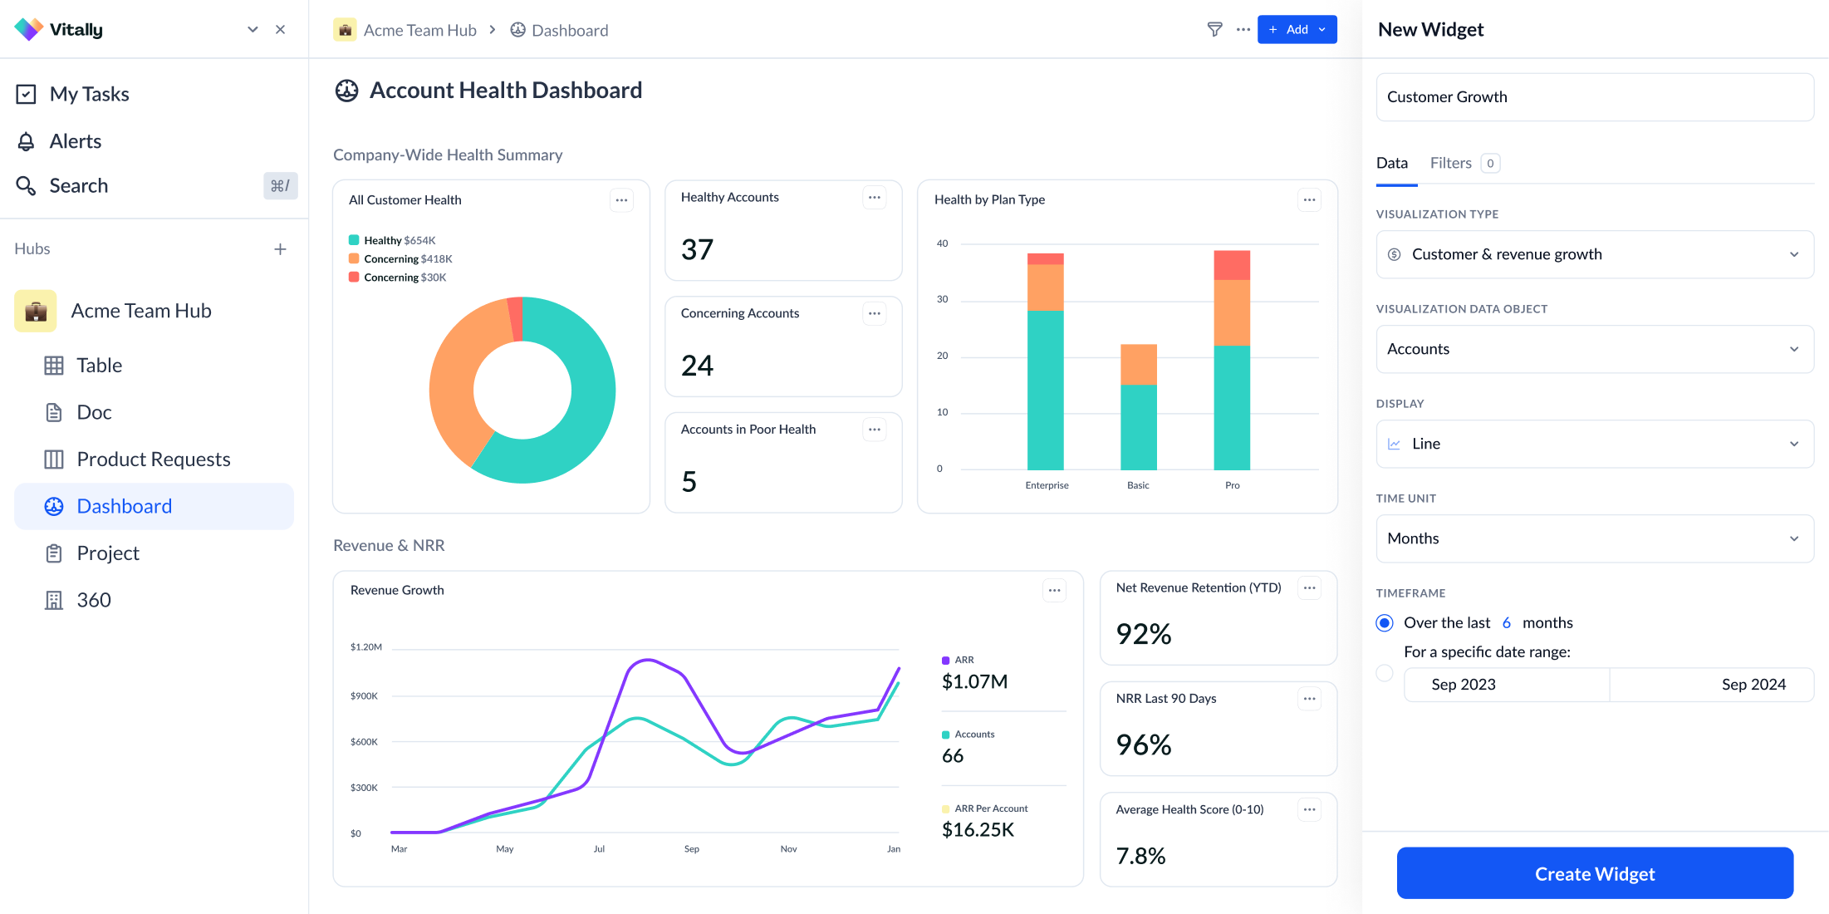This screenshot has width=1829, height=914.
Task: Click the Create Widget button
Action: coord(1594,873)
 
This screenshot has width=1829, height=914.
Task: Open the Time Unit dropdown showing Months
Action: coord(1594,538)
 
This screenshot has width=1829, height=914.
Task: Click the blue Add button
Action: coord(1297,30)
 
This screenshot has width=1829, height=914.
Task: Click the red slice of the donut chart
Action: coord(516,319)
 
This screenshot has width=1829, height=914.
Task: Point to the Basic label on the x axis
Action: coord(1138,485)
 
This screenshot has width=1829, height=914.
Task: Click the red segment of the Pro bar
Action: coord(1232,265)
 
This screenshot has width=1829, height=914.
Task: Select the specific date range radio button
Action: coord(1385,673)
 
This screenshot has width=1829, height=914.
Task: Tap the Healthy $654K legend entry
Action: coord(392,240)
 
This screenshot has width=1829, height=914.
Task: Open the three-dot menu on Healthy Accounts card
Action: coord(874,198)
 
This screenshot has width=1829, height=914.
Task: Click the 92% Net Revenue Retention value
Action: coord(1144,634)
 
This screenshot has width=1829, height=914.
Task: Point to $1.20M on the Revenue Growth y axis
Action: coord(366,646)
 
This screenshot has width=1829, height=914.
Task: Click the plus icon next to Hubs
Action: coord(281,249)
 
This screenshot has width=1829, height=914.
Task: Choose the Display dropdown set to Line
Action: coord(1594,444)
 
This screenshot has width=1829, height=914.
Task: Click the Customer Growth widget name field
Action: coord(1594,97)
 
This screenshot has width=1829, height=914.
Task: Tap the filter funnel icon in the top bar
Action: coord(1214,30)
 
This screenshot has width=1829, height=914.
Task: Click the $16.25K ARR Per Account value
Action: coord(978,829)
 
